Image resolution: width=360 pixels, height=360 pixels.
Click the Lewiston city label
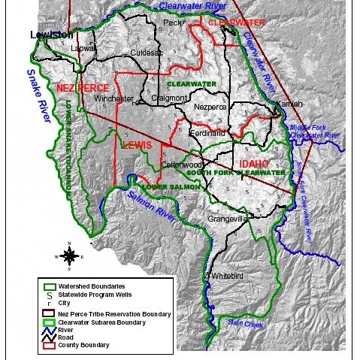[52, 35]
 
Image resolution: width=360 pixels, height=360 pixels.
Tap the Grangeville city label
[228, 219]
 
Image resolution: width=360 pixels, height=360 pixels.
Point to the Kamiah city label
[289, 103]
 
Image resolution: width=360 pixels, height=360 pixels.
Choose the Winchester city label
[113, 98]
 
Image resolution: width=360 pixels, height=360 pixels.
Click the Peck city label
[174, 23]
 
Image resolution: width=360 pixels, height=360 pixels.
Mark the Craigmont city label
[164, 98]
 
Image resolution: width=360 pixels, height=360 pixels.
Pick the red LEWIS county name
[136, 144]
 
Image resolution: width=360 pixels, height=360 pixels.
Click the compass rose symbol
[68, 256]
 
